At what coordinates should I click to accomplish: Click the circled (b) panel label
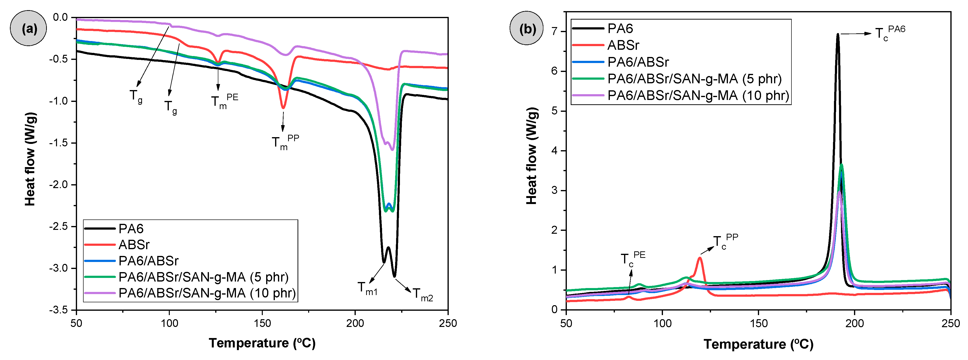tap(527, 28)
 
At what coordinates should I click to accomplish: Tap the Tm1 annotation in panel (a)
tap(367, 288)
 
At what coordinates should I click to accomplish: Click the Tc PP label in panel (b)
tap(725, 242)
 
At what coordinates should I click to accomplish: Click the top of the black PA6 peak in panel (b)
tap(838, 35)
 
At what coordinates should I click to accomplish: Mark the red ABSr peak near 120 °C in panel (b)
tap(700, 258)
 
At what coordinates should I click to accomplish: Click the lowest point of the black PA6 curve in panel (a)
tap(394, 276)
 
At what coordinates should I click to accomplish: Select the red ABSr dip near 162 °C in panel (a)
tap(283, 108)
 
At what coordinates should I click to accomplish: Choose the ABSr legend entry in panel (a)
tap(134, 245)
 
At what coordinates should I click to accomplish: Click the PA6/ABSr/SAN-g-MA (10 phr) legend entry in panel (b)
tap(698, 95)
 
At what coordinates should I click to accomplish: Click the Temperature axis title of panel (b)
tap(758, 344)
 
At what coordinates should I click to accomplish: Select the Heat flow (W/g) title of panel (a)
tap(30, 159)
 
